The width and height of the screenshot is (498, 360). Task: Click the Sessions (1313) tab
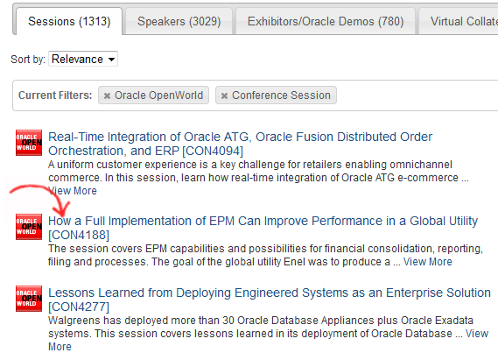tap(69, 21)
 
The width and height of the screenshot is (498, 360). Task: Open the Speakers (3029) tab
tap(179, 21)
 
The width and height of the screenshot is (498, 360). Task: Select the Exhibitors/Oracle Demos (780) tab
tap(326, 21)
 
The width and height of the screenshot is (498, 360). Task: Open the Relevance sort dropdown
tap(83, 59)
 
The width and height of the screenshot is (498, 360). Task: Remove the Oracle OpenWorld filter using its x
tap(107, 95)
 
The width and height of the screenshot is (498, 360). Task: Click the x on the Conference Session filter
tap(224, 95)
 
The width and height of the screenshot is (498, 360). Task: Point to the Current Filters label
tap(55, 95)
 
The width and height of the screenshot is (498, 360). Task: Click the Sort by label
tap(28, 59)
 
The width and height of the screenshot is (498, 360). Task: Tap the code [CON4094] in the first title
tap(213, 151)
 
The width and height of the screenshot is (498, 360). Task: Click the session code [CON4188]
tap(79, 235)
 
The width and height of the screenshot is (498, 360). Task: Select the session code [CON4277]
tap(79, 307)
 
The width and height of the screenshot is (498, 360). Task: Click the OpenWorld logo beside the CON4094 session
tap(29, 143)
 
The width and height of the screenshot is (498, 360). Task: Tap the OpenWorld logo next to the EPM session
tap(29, 227)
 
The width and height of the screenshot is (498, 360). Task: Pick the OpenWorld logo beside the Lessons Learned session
tap(29, 299)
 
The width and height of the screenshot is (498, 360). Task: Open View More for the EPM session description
tap(427, 262)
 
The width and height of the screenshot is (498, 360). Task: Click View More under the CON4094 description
tap(73, 191)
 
